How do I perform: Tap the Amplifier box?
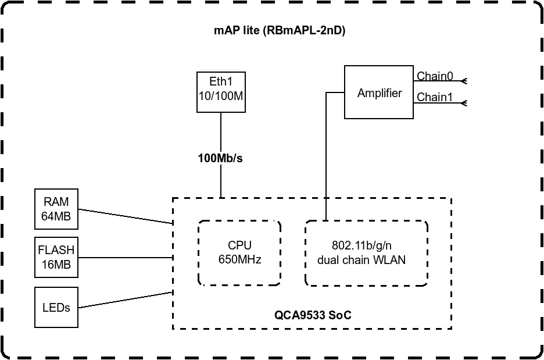click(x=379, y=92)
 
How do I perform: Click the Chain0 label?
click(x=435, y=77)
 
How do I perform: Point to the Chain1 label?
click(x=435, y=97)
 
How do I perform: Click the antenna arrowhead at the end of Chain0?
click(x=464, y=81)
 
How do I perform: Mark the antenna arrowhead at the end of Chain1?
click(x=464, y=103)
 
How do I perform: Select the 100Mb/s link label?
click(x=220, y=157)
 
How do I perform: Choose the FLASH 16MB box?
click(x=56, y=257)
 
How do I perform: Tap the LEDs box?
click(x=56, y=306)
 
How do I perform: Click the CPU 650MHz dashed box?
click(x=239, y=252)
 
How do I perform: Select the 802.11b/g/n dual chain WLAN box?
click(x=366, y=252)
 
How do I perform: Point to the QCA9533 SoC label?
click(x=313, y=315)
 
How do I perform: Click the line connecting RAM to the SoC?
click(x=125, y=216)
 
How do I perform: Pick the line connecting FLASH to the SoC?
click(x=125, y=257)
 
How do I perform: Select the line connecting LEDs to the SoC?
click(x=125, y=299)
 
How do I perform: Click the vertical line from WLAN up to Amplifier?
click(x=325, y=157)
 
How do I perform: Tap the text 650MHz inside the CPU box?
click(x=239, y=259)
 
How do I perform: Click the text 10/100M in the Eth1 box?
click(x=220, y=96)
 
